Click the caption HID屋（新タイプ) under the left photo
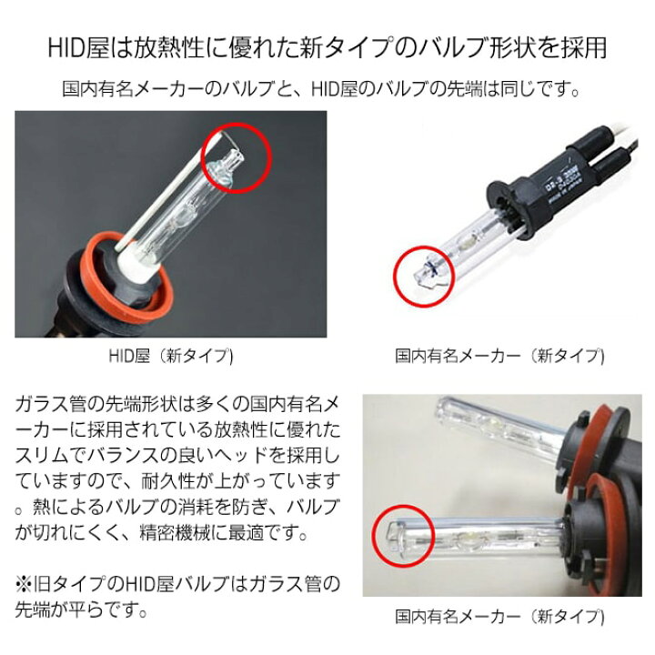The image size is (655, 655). click(x=171, y=356)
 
